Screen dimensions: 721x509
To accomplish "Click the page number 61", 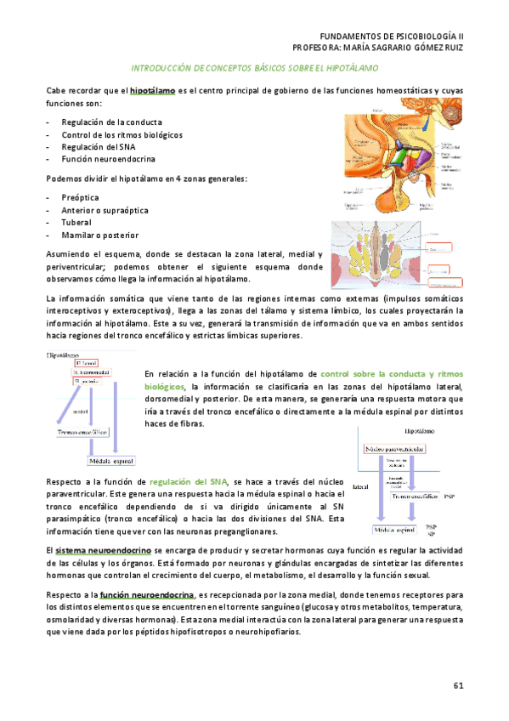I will pos(458,685).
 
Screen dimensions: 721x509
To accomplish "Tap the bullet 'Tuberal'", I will pos(76,222).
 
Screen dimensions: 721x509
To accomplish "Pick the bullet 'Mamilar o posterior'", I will pos(99,235).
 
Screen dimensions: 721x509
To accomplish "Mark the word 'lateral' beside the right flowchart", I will pos(359,488).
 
